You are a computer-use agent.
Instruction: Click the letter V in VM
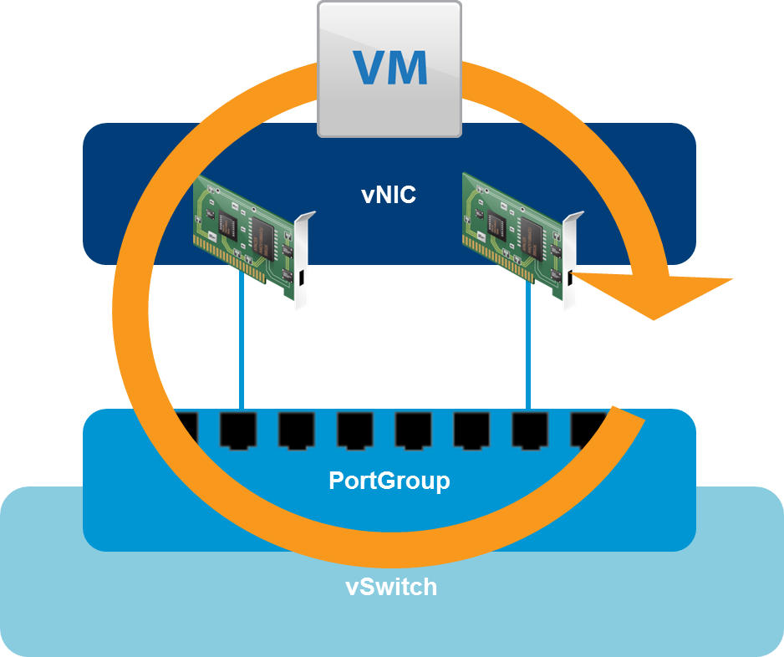click(369, 68)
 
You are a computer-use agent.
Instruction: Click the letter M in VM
click(407, 68)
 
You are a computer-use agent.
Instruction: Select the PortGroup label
click(389, 481)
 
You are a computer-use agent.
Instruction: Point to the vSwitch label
click(391, 587)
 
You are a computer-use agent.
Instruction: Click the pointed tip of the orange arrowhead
click(732, 279)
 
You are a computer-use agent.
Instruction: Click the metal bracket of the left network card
click(302, 259)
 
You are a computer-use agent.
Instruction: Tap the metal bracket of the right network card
click(571, 259)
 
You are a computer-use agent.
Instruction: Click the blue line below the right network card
click(528, 351)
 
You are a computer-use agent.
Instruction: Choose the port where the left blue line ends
click(237, 430)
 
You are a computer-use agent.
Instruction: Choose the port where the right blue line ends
click(529, 430)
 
